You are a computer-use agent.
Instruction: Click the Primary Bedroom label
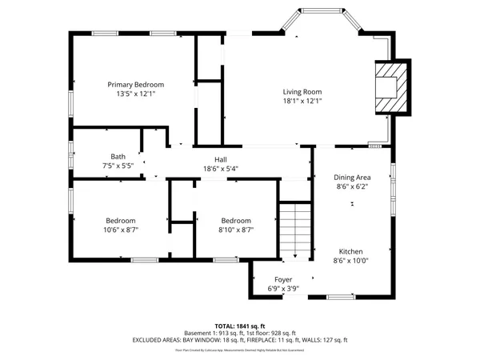click(136, 85)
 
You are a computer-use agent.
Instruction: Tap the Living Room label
click(302, 91)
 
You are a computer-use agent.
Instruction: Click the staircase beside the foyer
click(294, 230)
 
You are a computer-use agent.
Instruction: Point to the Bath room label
click(118, 156)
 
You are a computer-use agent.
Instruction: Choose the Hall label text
click(221, 158)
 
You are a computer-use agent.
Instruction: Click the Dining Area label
click(351, 177)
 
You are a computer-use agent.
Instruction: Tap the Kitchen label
click(350, 250)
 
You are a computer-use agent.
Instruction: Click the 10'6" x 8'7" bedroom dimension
click(121, 230)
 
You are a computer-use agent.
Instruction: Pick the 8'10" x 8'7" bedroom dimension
click(236, 230)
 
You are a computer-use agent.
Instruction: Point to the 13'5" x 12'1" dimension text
click(136, 94)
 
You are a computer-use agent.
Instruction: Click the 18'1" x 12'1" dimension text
click(302, 101)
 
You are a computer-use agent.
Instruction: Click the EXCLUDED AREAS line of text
click(240, 340)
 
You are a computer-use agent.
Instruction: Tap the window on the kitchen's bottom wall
click(341, 296)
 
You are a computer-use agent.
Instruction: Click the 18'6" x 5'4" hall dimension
click(221, 168)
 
